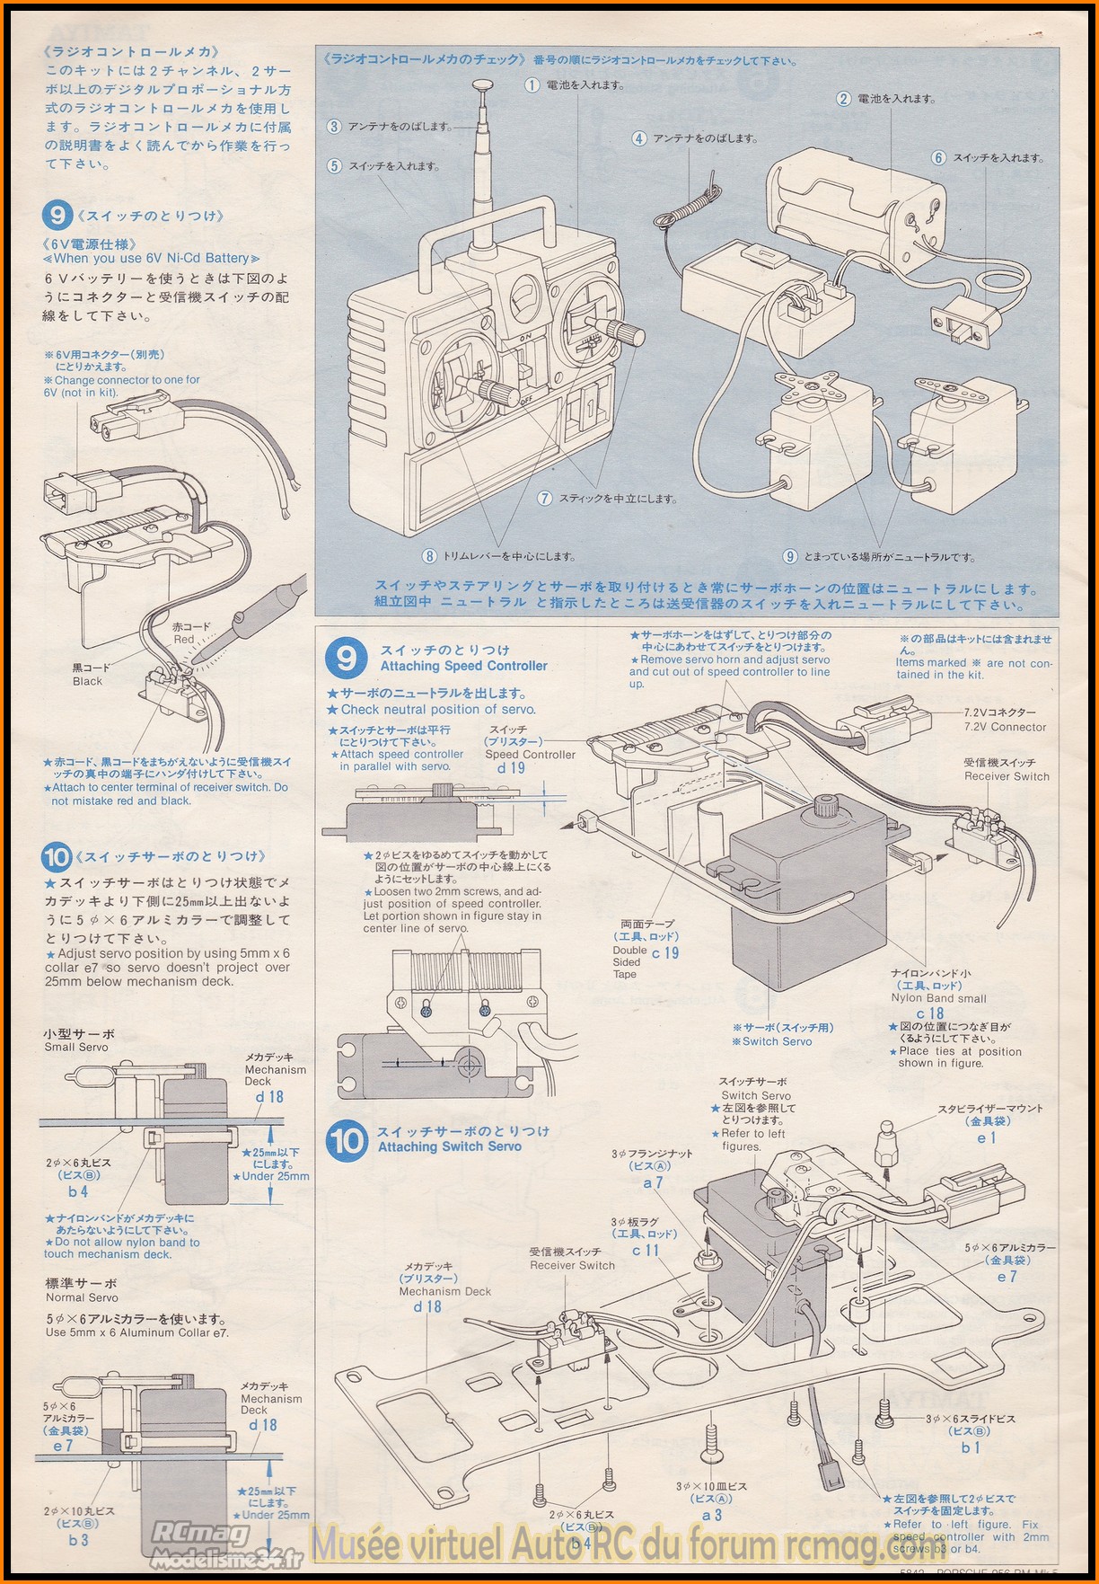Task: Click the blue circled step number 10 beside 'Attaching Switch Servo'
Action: pyautogui.click(x=347, y=1141)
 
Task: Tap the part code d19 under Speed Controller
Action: pyautogui.click(x=511, y=768)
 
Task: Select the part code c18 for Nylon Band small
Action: pyautogui.click(x=930, y=1013)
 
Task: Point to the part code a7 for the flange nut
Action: pyautogui.click(x=652, y=1182)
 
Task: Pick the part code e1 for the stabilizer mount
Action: pyautogui.click(x=987, y=1137)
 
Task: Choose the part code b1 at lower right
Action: pyautogui.click(x=971, y=1447)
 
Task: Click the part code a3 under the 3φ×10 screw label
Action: pyautogui.click(x=712, y=1515)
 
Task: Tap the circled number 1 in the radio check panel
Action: pyautogui.click(x=532, y=85)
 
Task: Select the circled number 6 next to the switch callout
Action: pyautogui.click(x=938, y=158)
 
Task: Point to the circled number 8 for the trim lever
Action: pyautogui.click(x=430, y=556)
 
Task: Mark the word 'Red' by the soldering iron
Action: pyautogui.click(x=184, y=640)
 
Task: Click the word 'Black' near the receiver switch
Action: pyautogui.click(x=87, y=682)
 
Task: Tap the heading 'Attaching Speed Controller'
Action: pyautogui.click(x=463, y=667)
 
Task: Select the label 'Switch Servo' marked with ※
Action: pyautogui.click(x=777, y=1041)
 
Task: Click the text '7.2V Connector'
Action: pyautogui.click(x=1005, y=727)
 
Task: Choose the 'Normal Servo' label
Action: pyautogui.click(x=82, y=1297)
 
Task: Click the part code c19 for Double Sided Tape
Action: pyautogui.click(x=665, y=953)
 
